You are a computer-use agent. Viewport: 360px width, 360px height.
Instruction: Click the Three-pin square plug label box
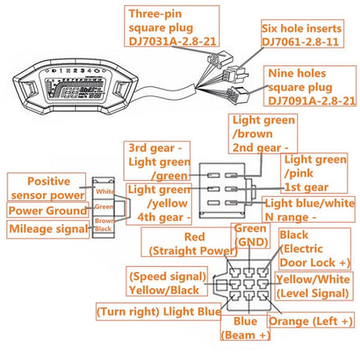(173, 26)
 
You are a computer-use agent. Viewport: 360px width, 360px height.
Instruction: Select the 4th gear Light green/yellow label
(156, 203)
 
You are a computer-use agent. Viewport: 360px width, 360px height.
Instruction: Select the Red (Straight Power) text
(177, 244)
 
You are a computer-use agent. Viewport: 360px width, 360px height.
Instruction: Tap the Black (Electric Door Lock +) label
(314, 249)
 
